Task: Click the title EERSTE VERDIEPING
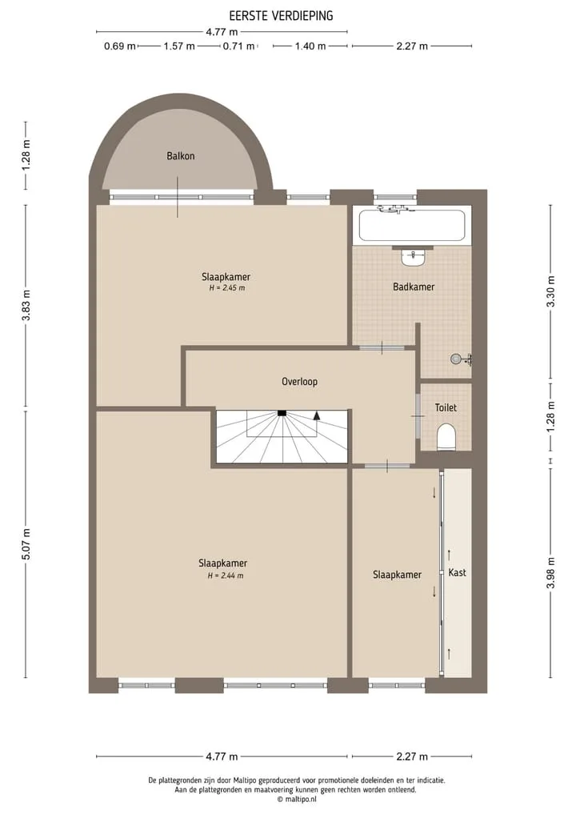(x=282, y=16)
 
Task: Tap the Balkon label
(x=181, y=156)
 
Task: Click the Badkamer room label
(x=414, y=287)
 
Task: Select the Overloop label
(x=299, y=382)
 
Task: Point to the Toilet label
(x=446, y=407)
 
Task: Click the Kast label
(x=457, y=572)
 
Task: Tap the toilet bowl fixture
(x=446, y=437)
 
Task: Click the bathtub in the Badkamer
(x=413, y=225)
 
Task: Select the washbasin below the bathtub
(x=414, y=256)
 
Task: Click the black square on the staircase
(x=282, y=413)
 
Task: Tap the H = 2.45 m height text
(x=226, y=287)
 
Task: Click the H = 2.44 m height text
(x=226, y=575)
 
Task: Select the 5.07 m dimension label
(x=26, y=544)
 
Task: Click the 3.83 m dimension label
(x=26, y=305)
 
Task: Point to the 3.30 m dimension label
(x=551, y=291)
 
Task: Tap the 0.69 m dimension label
(x=120, y=46)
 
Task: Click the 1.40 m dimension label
(x=310, y=46)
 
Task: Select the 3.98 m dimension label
(x=551, y=572)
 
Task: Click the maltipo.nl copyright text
(x=297, y=800)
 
